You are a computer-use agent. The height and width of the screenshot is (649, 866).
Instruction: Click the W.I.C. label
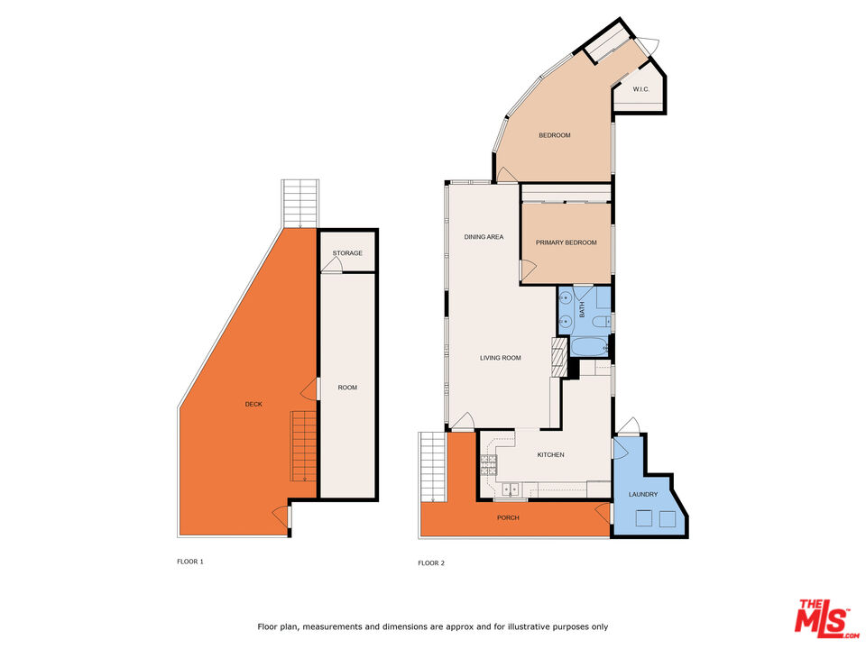pyautogui.click(x=641, y=89)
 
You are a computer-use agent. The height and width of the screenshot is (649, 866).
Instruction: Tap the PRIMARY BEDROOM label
pyautogui.click(x=565, y=242)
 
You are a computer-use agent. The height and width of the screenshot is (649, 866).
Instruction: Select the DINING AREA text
pyautogui.click(x=484, y=237)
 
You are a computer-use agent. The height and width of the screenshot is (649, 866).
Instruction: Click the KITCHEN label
pyautogui.click(x=550, y=454)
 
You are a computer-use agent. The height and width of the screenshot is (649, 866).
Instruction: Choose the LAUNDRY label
pyautogui.click(x=643, y=494)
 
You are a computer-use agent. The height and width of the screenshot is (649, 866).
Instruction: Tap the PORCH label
pyautogui.click(x=508, y=517)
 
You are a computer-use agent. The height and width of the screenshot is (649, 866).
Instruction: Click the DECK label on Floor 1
pyautogui.click(x=254, y=404)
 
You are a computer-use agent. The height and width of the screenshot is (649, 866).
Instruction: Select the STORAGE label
pyautogui.click(x=347, y=253)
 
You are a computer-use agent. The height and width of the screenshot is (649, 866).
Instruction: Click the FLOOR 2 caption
pyautogui.click(x=431, y=562)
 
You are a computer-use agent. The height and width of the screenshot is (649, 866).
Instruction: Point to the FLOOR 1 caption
pyautogui.click(x=189, y=561)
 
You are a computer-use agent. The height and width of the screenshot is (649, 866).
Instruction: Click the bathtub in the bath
pyautogui.click(x=585, y=347)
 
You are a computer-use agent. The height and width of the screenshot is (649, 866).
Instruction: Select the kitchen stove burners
pyautogui.click(x=488, y=464)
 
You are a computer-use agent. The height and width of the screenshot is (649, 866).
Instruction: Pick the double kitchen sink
pyautogui.click(x=511, y=490)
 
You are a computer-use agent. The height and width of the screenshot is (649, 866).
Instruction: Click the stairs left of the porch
pyautogui.click(x=434, y=465)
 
